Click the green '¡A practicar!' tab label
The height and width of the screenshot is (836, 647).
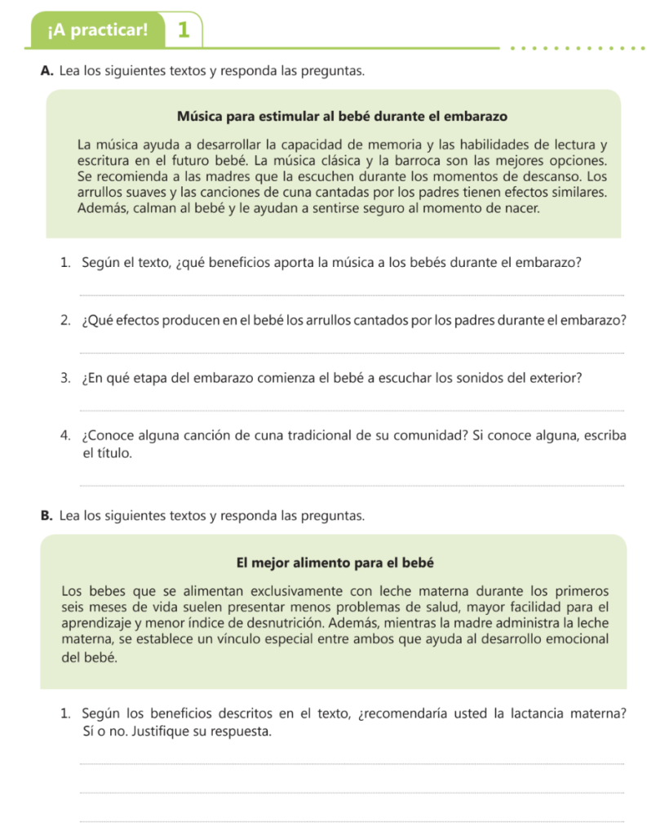(98, 31)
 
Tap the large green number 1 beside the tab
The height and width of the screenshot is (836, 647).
(184, 31)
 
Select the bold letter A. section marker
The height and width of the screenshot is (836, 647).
(47, 72)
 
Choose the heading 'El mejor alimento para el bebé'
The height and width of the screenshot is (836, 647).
(334, 563)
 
